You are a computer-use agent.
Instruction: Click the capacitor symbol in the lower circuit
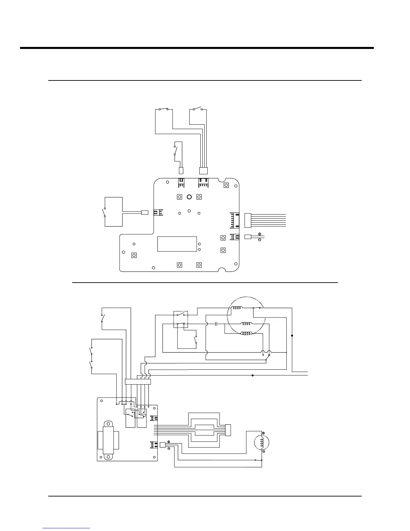[x=216, y=324]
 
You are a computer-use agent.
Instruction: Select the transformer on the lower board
[x=108, y=440]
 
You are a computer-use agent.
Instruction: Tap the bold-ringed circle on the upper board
[x=189, y=197]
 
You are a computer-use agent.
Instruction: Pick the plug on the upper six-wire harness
[x=248, y=220]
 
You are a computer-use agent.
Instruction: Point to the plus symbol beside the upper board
[x=260, y=234]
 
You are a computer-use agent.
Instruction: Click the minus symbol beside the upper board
[x=260, y=240]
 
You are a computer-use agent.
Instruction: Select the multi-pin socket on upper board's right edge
[x=234, y=220]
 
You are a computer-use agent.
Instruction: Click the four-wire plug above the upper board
[x=203, y=171]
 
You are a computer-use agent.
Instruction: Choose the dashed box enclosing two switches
[x=181, y=319]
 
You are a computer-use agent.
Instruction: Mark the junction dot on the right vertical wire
[x=292, y=336]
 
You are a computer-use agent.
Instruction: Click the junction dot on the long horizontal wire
[x=252, y=375]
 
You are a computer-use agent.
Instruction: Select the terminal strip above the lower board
[x=138, y=382]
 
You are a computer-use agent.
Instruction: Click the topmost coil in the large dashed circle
[x=238, y=309]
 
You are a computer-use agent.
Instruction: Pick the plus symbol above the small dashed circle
[x=263, y=433]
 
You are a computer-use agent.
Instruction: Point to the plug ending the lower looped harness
[x=228, y=430]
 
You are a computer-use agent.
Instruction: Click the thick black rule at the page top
[x=197, y=48]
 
